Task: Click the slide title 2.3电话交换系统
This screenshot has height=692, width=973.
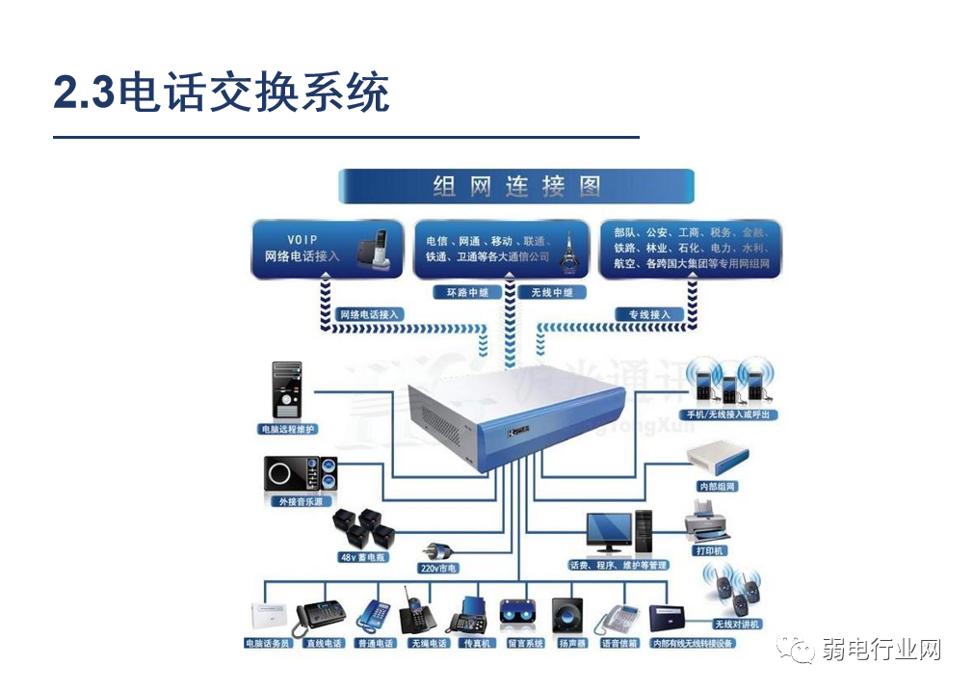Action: (222, 93)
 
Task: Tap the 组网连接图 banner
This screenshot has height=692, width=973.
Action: (516, 186)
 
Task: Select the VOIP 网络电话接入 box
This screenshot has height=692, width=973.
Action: (327, 249)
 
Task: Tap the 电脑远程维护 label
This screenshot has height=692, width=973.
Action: (287, 428)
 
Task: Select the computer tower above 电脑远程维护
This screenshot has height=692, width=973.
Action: (287, 389)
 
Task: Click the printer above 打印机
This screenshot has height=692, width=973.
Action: (708, 523)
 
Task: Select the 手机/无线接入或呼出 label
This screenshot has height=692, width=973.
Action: (734, 414)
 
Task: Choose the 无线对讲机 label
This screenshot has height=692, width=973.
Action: (737, 624)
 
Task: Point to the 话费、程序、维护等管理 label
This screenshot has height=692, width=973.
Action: (618, 565)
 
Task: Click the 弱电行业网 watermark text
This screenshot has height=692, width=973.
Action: (881, 649)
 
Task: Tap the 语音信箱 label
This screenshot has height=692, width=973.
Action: (619, 642)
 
